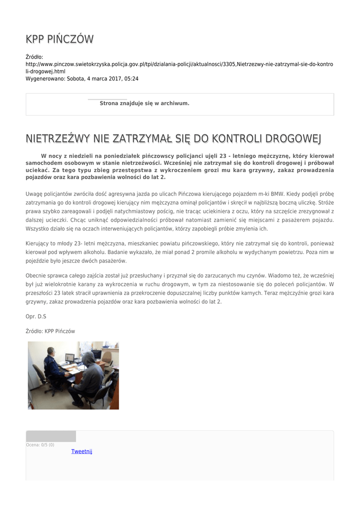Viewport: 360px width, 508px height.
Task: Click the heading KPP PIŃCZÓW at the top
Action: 60,39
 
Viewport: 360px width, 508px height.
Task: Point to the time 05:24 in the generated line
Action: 132,78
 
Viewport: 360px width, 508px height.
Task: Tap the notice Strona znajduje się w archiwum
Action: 144,103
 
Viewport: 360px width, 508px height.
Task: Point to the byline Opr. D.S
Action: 36,316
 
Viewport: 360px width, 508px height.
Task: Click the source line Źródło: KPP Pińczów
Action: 50,331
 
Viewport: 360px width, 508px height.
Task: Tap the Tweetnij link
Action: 82,451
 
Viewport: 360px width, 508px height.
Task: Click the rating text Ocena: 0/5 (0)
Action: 40,444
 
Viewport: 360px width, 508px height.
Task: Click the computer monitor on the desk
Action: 70,357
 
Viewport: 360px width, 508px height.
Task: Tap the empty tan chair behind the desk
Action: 107,357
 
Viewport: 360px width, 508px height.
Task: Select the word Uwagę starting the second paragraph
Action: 35,193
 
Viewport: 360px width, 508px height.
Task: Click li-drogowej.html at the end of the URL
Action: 42,71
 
